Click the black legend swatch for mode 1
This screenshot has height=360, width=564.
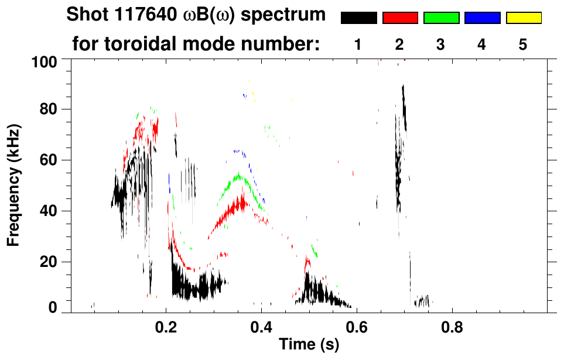358,18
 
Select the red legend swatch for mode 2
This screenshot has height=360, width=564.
400,18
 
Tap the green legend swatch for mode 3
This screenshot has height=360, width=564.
441,18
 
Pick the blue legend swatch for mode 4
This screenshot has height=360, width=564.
482,18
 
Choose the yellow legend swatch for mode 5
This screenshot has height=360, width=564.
524,18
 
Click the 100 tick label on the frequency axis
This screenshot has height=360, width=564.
43,61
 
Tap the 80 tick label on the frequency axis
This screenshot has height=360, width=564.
47,109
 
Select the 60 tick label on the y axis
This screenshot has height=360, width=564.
47,160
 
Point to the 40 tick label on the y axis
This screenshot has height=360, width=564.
47,211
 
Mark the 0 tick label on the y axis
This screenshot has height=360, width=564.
52,308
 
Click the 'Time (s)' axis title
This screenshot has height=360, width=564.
309,345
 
